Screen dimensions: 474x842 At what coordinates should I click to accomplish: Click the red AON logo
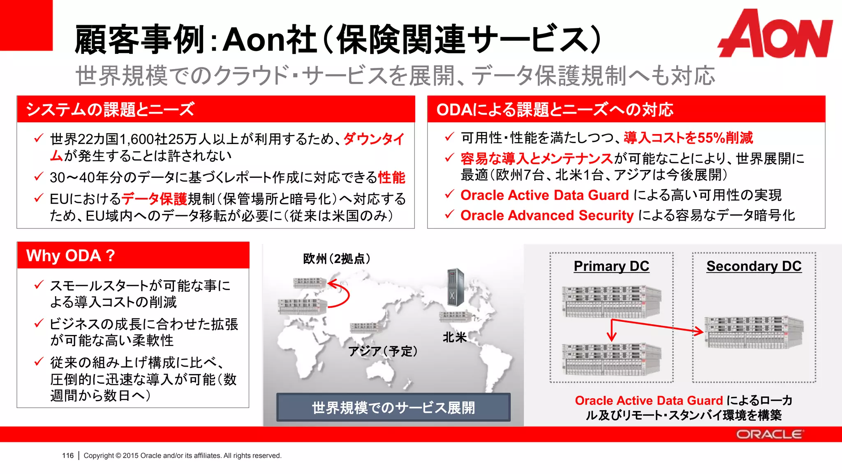[775, 34]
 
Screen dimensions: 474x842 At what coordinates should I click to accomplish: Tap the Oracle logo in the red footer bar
[768, 434]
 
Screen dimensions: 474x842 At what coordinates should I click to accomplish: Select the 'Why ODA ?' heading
[71, 256]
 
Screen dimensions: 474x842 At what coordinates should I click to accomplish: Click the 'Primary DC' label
[611, 266]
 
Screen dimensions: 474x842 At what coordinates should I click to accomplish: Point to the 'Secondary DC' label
[754, 266]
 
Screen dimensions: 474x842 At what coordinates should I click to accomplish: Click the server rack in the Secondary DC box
[754, 332]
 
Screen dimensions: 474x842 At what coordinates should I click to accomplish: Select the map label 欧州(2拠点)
[337, 259]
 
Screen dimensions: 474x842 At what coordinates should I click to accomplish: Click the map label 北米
[454, 337]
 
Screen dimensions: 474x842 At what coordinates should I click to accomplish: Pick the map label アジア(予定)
[383, 351]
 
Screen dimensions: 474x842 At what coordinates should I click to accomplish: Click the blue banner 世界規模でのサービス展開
[393, 407]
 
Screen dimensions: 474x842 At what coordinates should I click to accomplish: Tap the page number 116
[68, 455]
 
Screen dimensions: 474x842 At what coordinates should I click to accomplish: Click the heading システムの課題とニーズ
[110, 109]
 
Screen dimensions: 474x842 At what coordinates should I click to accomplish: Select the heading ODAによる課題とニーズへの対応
[555, 109]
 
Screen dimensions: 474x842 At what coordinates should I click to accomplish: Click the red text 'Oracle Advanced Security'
[547, 215]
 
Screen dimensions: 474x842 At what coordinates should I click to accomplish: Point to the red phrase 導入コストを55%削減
[688, 138]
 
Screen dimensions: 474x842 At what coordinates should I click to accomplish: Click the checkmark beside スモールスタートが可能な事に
[39, 285]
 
